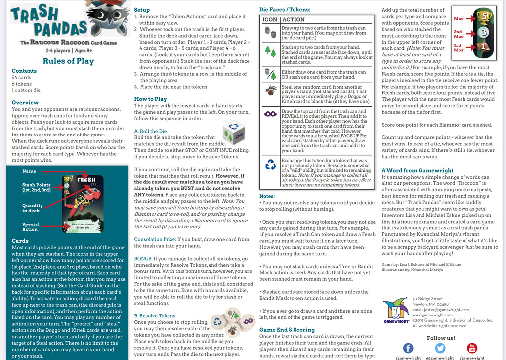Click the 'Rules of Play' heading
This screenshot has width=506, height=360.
point(68,61)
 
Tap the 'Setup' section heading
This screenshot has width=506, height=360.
point(142,10)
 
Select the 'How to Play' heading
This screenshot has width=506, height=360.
point(150,99)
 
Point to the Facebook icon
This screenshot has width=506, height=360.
point(408,348)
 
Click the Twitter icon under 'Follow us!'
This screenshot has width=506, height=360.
point(440,348)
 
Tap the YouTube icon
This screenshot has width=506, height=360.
point(472,348)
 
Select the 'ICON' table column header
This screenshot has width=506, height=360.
point(270,20)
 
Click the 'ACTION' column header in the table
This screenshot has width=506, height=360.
point(294,20)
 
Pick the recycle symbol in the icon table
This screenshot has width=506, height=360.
point(270,165)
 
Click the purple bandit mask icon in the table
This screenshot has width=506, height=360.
point(270,113)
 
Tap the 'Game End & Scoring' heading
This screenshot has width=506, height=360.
point(287,329)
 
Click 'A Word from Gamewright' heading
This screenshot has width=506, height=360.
point(418,171)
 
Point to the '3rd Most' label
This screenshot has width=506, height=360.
point(459,48)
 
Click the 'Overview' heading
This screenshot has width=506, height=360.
point(25,102)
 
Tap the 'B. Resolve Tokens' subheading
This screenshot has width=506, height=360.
point(155,315)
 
